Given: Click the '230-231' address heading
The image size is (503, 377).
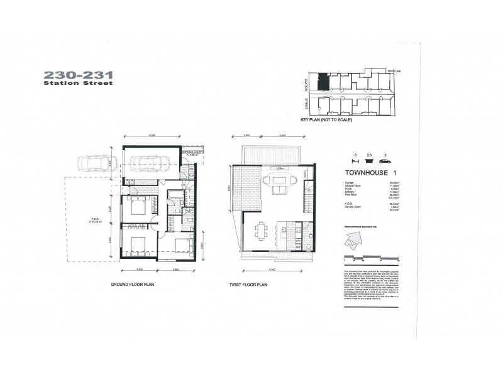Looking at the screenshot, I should point(78,74).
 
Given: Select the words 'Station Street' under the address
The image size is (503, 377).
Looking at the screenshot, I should point(78,83).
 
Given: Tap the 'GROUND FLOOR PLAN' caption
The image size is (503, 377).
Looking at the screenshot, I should point(132,284).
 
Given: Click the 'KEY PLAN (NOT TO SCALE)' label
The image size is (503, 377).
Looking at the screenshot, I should point(326,119).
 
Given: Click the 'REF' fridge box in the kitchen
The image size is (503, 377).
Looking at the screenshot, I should point(299,247).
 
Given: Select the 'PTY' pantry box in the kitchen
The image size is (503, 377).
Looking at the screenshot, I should point(299,239).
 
